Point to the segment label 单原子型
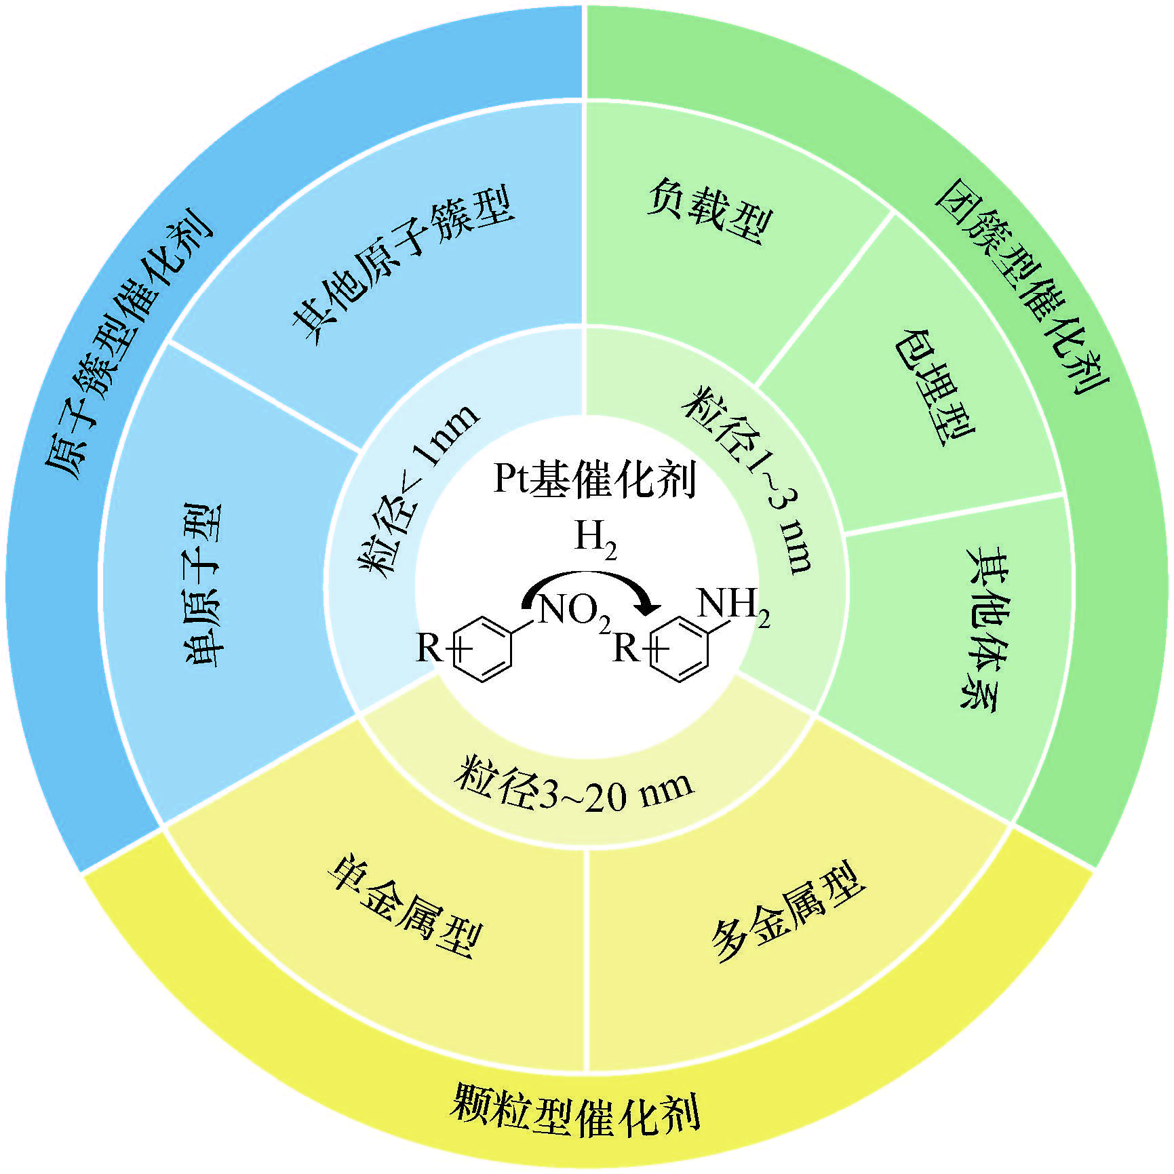(203, 584)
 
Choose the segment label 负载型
(709, 210)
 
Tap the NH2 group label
(733, 604)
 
